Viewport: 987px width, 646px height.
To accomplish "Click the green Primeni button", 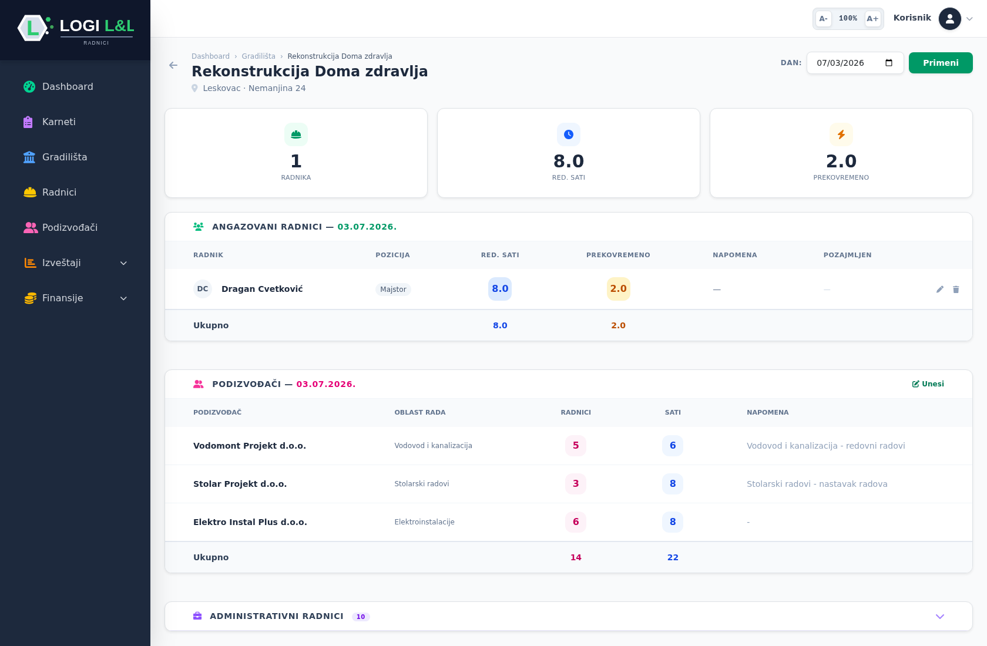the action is [x=940, y=63].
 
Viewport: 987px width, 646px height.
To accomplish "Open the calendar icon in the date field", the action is [x=889, y=63].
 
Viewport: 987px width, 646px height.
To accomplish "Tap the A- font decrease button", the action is [x=823, y=18].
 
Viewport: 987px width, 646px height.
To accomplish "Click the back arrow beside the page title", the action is [x=173, y=65].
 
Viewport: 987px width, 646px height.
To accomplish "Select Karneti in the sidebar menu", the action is [x=59, y=122].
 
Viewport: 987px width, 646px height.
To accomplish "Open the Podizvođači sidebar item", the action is [x=69, y=228].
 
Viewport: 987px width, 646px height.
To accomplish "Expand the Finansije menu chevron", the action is [x=124, y=298].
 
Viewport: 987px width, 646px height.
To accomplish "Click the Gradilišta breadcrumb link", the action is [x=258, y=56].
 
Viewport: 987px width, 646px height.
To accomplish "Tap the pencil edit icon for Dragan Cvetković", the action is [x=940, y=290].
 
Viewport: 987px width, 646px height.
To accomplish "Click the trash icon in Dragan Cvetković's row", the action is [x=956, y=290].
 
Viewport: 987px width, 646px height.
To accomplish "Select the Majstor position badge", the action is [x=393, y=290].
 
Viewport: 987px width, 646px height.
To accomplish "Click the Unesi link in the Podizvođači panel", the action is [x=928, y=384].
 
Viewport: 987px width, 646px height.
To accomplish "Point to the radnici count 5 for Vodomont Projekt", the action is [x=576, y=446].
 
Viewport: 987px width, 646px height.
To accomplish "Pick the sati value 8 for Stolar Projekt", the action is [x=672, y=484].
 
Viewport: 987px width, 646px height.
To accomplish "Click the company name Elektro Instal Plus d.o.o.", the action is [x=250, y=522].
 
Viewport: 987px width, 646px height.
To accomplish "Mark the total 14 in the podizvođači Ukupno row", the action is [x=576, y=557].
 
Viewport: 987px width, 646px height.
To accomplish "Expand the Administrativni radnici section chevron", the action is [x=940, y=617].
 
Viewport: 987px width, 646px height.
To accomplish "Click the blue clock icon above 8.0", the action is [x=569, y=134].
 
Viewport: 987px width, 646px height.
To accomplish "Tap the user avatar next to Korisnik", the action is [x=949, y=19].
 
